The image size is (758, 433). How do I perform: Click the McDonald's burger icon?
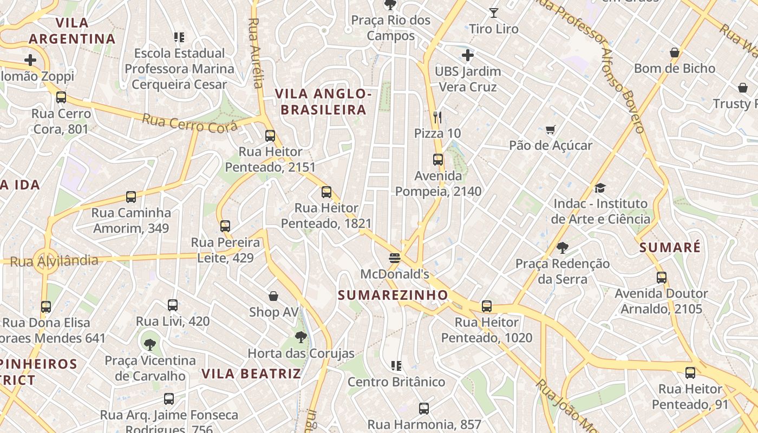(394, 258)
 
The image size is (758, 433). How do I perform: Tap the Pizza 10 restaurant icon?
(437, 117)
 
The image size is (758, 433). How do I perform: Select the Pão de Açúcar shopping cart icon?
(551, 129)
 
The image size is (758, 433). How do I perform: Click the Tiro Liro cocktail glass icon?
(493, 12)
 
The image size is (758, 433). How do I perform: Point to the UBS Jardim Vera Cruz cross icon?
(468, 55)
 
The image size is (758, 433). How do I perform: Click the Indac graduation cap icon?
(600, 188)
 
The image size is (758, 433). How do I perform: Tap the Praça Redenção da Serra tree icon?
(563, 248)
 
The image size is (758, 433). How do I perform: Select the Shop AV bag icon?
(273, 296)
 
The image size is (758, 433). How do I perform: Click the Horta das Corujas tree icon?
(301, 338)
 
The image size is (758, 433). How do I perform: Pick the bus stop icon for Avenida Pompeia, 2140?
(438, 160)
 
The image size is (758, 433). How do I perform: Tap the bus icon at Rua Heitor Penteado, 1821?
(326, 192)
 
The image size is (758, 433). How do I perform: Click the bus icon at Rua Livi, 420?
(173, 305)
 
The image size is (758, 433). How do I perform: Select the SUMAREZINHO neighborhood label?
(393, 295)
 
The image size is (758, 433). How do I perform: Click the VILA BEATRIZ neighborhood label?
(251, 373)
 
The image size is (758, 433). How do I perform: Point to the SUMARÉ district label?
(670, 248)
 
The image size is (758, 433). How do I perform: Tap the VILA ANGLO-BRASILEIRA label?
(323, 102)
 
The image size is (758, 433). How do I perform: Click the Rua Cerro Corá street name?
(190, 123)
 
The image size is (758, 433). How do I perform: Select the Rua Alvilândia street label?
(54, 261)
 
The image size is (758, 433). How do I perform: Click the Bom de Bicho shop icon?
(675, 53)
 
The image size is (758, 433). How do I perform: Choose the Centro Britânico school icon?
(396, 366)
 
